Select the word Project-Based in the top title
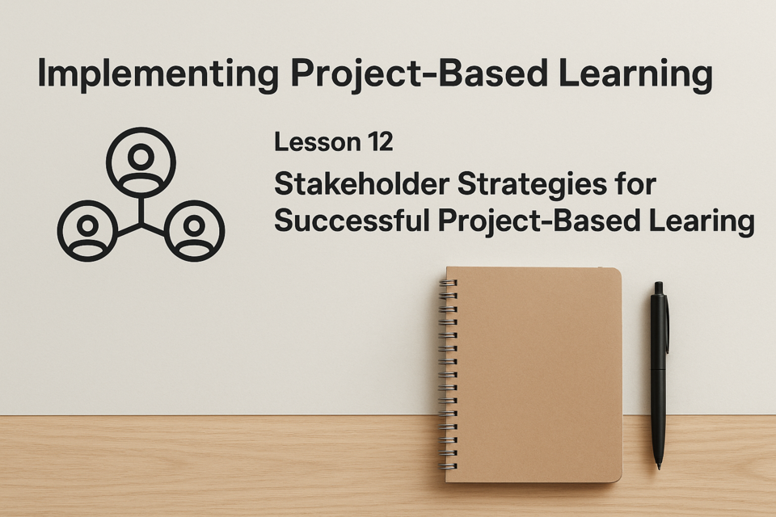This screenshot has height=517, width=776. point(419,74)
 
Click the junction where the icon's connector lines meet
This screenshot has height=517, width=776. point(141,224)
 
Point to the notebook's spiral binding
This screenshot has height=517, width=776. point(449,374)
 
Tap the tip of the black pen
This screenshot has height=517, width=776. point(659,468)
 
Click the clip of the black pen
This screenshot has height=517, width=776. point(665,316)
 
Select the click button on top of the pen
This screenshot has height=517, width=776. point(659,288)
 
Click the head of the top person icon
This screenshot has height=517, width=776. point(141,157)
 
